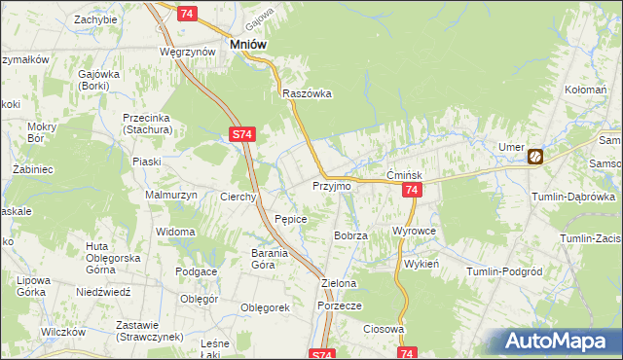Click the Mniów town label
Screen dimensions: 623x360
[248, 44]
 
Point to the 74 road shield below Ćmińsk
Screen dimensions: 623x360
[411, 192]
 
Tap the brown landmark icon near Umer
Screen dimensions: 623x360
[535, 156]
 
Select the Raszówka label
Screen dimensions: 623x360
[307, 94]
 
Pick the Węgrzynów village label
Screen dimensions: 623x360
[188, 52]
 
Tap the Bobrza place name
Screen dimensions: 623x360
[350, 235]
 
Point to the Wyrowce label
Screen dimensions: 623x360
[413, 231]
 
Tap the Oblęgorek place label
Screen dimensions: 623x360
[266, 307]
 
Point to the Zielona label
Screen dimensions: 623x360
[340, 283]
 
